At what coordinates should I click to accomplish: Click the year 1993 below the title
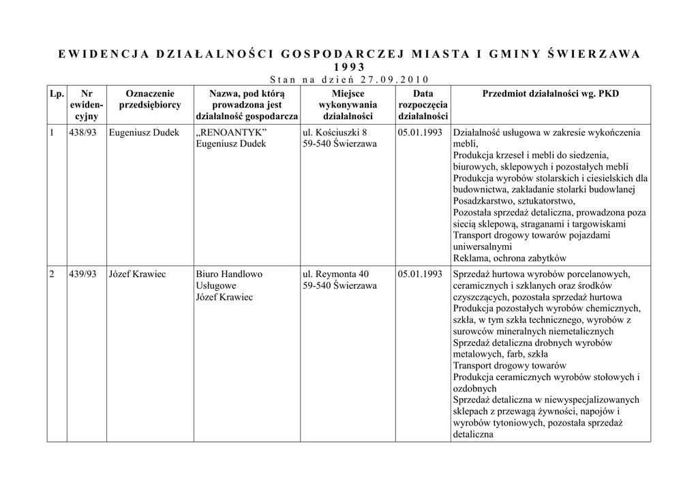(x=349, y=67)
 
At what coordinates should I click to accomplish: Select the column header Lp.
(x=57, y=93)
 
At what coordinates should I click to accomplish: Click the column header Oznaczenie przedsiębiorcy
(x=150, y=99)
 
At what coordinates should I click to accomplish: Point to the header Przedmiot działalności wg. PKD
(x=550, y=93)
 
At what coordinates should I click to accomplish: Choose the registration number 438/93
(x=82, y=132)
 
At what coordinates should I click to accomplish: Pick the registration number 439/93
(x=82, y=274)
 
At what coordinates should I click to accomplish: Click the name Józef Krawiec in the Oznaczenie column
(x=137, y=274)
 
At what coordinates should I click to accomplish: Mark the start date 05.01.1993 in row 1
(x=420, y=132)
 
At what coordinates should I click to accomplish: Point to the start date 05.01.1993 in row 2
(x=420, y=274)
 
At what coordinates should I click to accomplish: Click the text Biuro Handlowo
(x=228, y=274)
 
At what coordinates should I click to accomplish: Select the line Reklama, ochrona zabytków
(x=510, y=258)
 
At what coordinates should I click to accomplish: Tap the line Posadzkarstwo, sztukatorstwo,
(x=514, y=200)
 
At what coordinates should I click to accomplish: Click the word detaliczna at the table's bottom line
(x=473, y=434)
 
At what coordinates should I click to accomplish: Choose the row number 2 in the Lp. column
(x=52, y=274)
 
